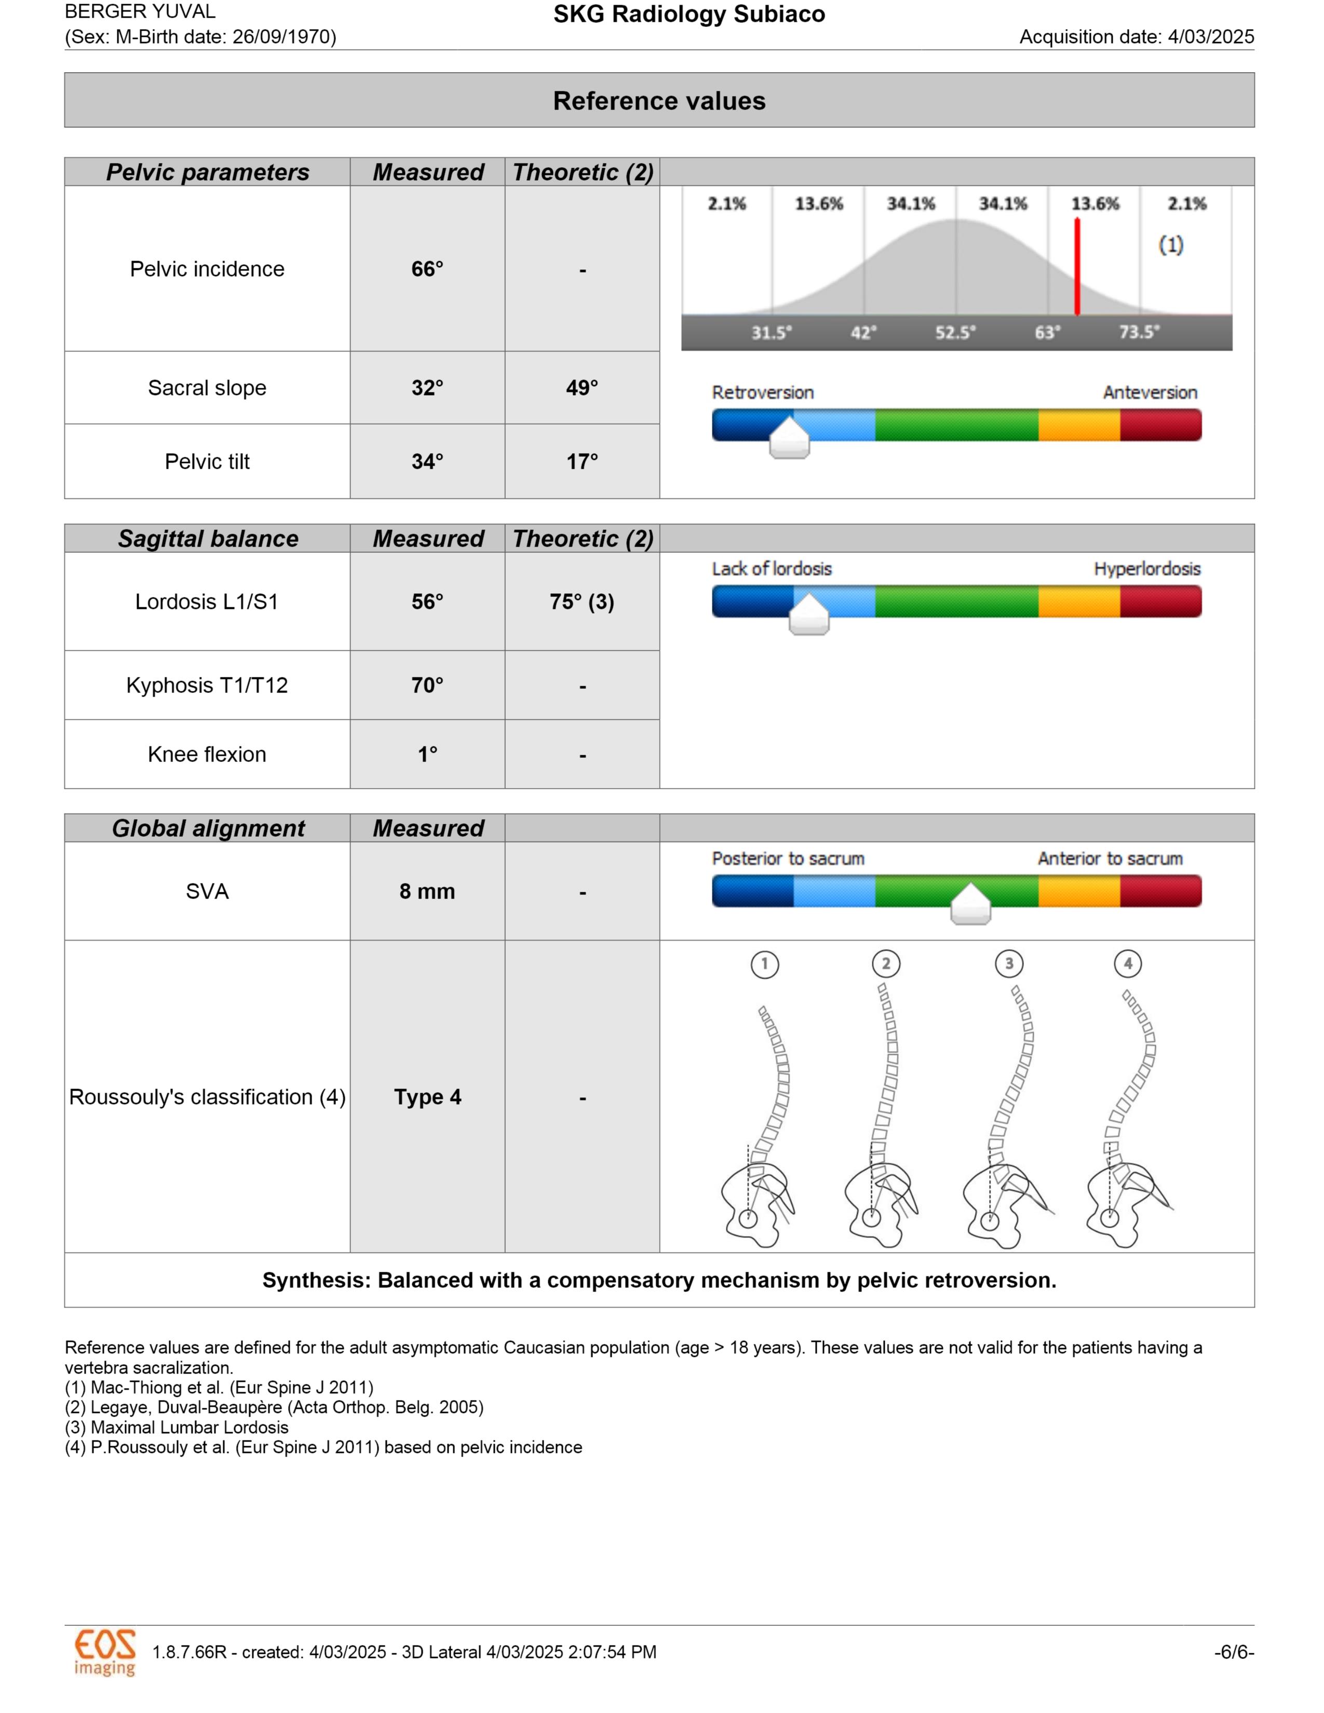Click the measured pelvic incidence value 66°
[427, 269]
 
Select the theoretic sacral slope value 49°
[582, 387]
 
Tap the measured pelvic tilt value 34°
[427, 461]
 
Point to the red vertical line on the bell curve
[1077, 267]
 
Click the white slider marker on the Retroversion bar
[789, 439]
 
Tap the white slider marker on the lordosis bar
[808, 616]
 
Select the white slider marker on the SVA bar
[970, 905]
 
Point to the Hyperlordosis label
[1147, 568]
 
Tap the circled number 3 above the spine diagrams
[1009, 963]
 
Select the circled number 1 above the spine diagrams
[765, 963]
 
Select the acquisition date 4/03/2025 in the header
[1210, 37]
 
